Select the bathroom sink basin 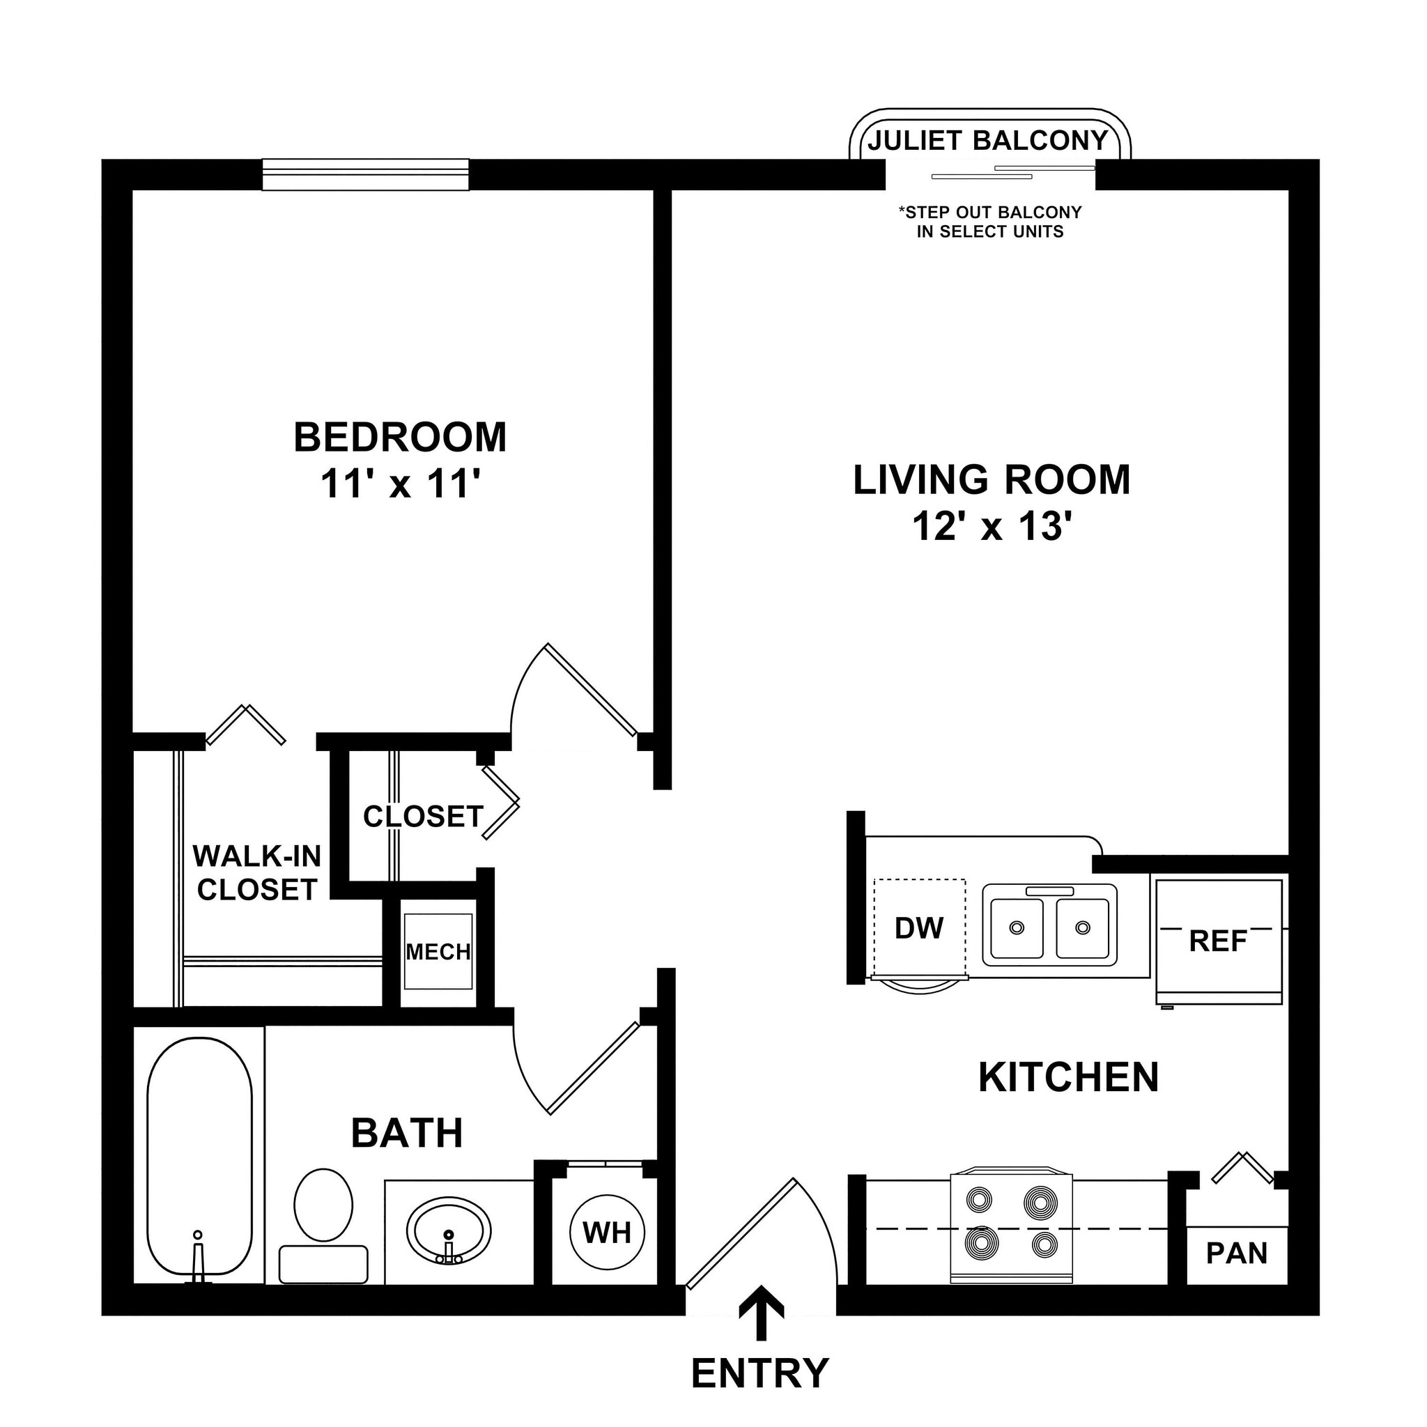[448, 1231]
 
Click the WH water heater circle [607, 1232]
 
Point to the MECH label [438, 952]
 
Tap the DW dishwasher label [919, 928]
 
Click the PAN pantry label [1237, 1254]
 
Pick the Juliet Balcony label [988, 140]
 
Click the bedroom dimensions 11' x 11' [401, 485]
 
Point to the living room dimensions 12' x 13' [992, 527]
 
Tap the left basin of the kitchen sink [1017, 927]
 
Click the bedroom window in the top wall [366, 174]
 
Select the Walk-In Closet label [257, 873]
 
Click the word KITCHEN [1068, 1077]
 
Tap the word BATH [407, 1133]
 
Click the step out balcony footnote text [989, 222]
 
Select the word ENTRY [760, 1373]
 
